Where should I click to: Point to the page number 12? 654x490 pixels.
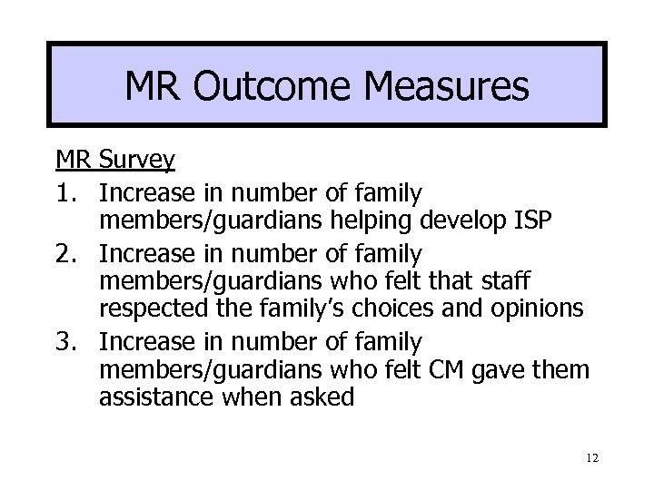tap(591, 461)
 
